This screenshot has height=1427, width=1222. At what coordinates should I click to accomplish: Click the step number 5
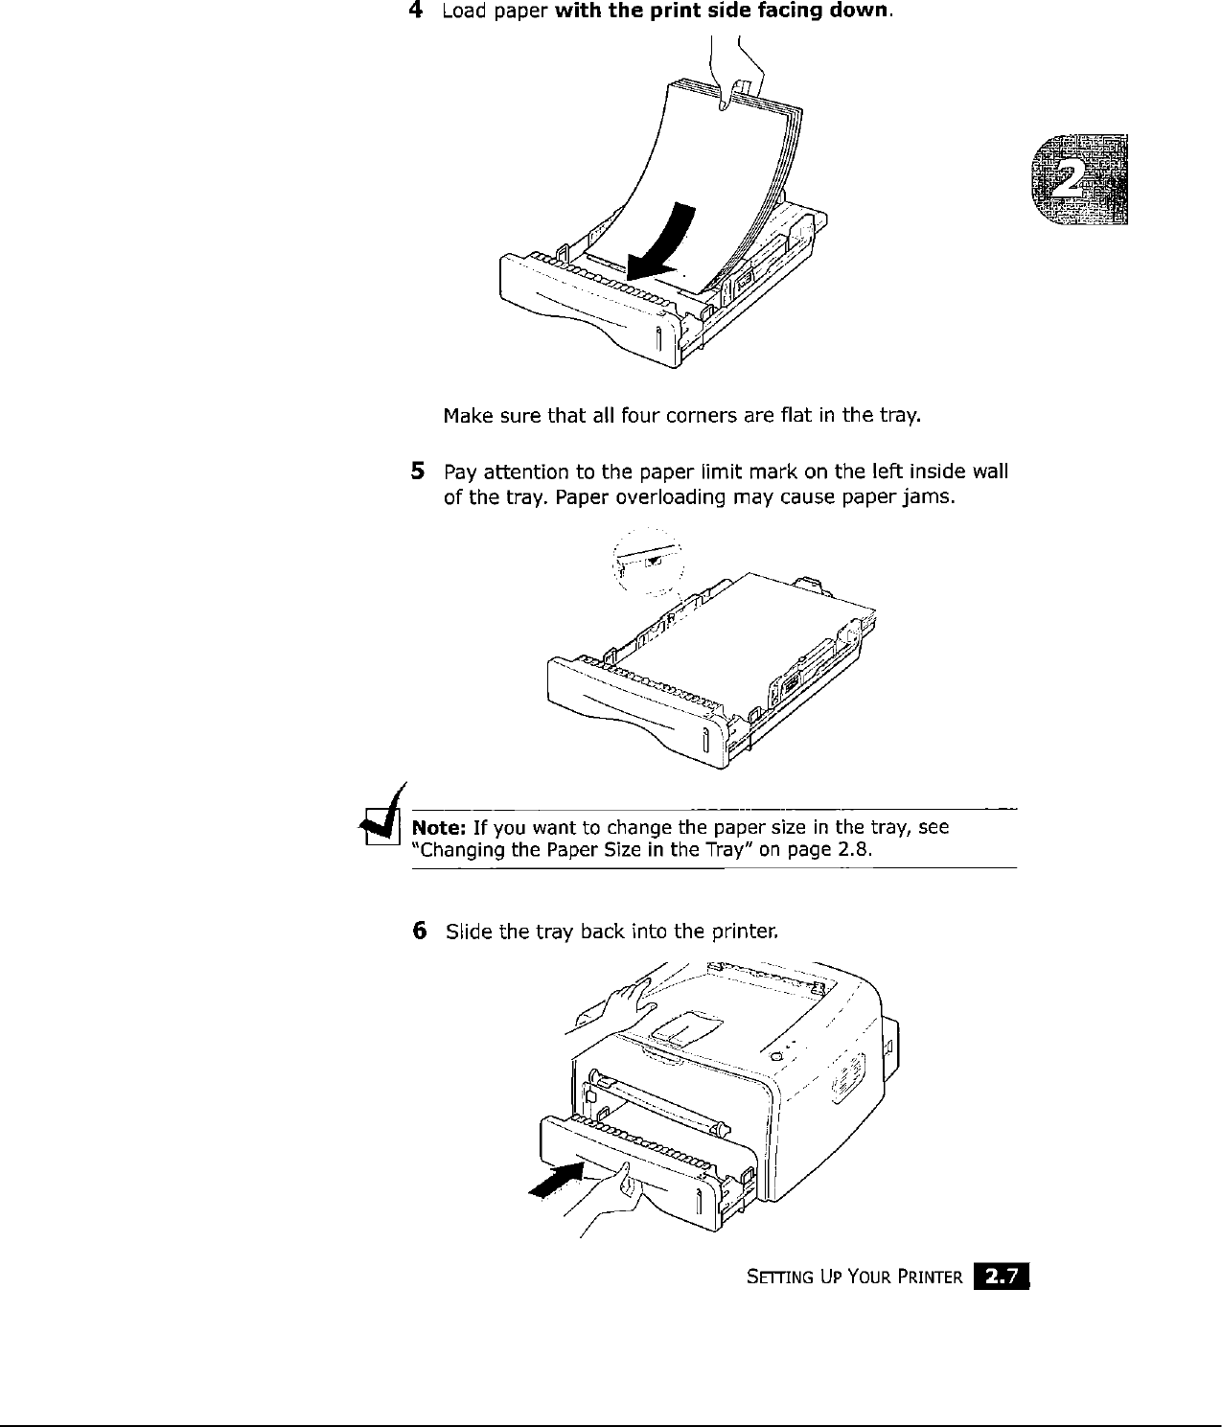(417, 471)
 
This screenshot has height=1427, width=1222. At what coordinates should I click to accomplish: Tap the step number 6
(418, 930)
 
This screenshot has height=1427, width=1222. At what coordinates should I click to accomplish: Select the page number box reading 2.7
(1000, 1276)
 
